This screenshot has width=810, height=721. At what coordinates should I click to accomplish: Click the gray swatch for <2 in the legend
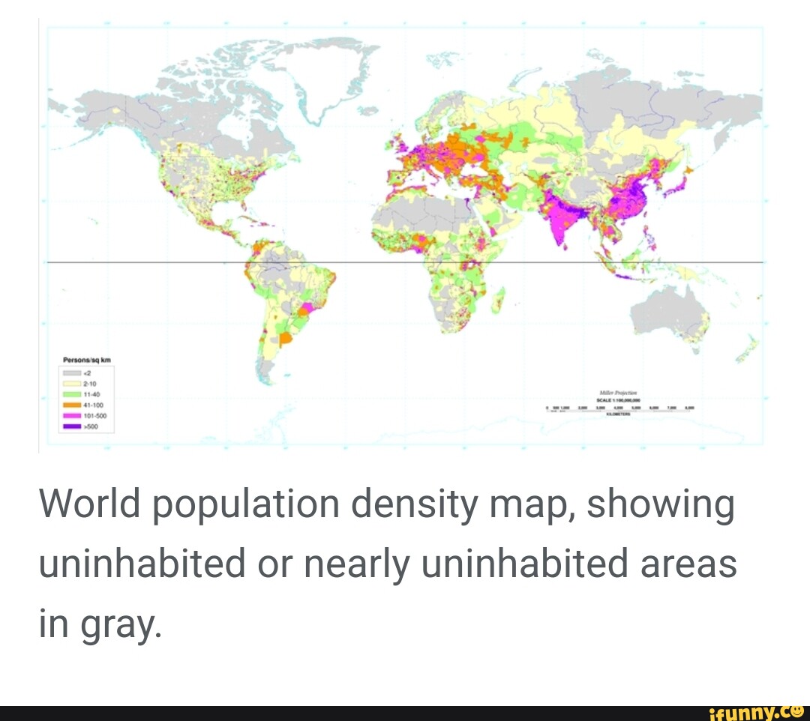pos(71,372)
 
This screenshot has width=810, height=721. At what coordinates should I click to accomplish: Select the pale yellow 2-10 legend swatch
pos(71,383)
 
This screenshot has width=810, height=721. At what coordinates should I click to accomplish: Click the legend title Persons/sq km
pos(87,360)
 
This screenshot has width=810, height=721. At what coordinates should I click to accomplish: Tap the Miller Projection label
pos(618,392)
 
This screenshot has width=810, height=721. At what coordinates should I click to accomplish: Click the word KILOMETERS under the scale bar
pos(618,413)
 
